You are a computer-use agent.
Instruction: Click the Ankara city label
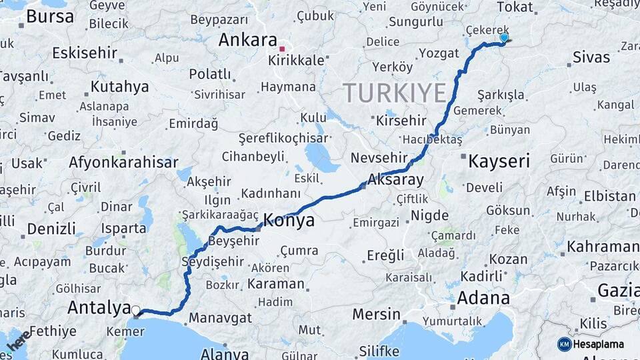pyautogui.click(x=248, y=40)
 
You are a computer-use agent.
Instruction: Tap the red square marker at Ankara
pyautogui.click(x=282, y=49)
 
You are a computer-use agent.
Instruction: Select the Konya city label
pyautogui.click(x=289, y=221)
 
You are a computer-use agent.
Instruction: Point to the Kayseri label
pyautogui.click(x=499, y=161)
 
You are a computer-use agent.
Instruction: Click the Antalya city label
pyautogui.click(x=99, y=308)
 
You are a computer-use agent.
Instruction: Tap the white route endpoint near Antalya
pyautogui.click(x=136, y=311)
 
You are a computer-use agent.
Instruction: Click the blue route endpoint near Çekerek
pyautogui.click(x=503, y=38)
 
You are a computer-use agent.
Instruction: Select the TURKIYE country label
pyautogui.click(x=394, y=93)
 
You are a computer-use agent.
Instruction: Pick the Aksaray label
pyautogui.click(x=395, y=180)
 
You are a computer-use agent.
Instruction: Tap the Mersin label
pyautogui.click(x=376, y=314)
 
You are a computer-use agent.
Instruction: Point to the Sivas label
pyautogui.click(x=591, y=57)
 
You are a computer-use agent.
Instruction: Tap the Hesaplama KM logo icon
pyautogui.click(x=565, y=344)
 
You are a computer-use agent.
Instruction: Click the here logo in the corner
pyautogui.click(x=18, y=341)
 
